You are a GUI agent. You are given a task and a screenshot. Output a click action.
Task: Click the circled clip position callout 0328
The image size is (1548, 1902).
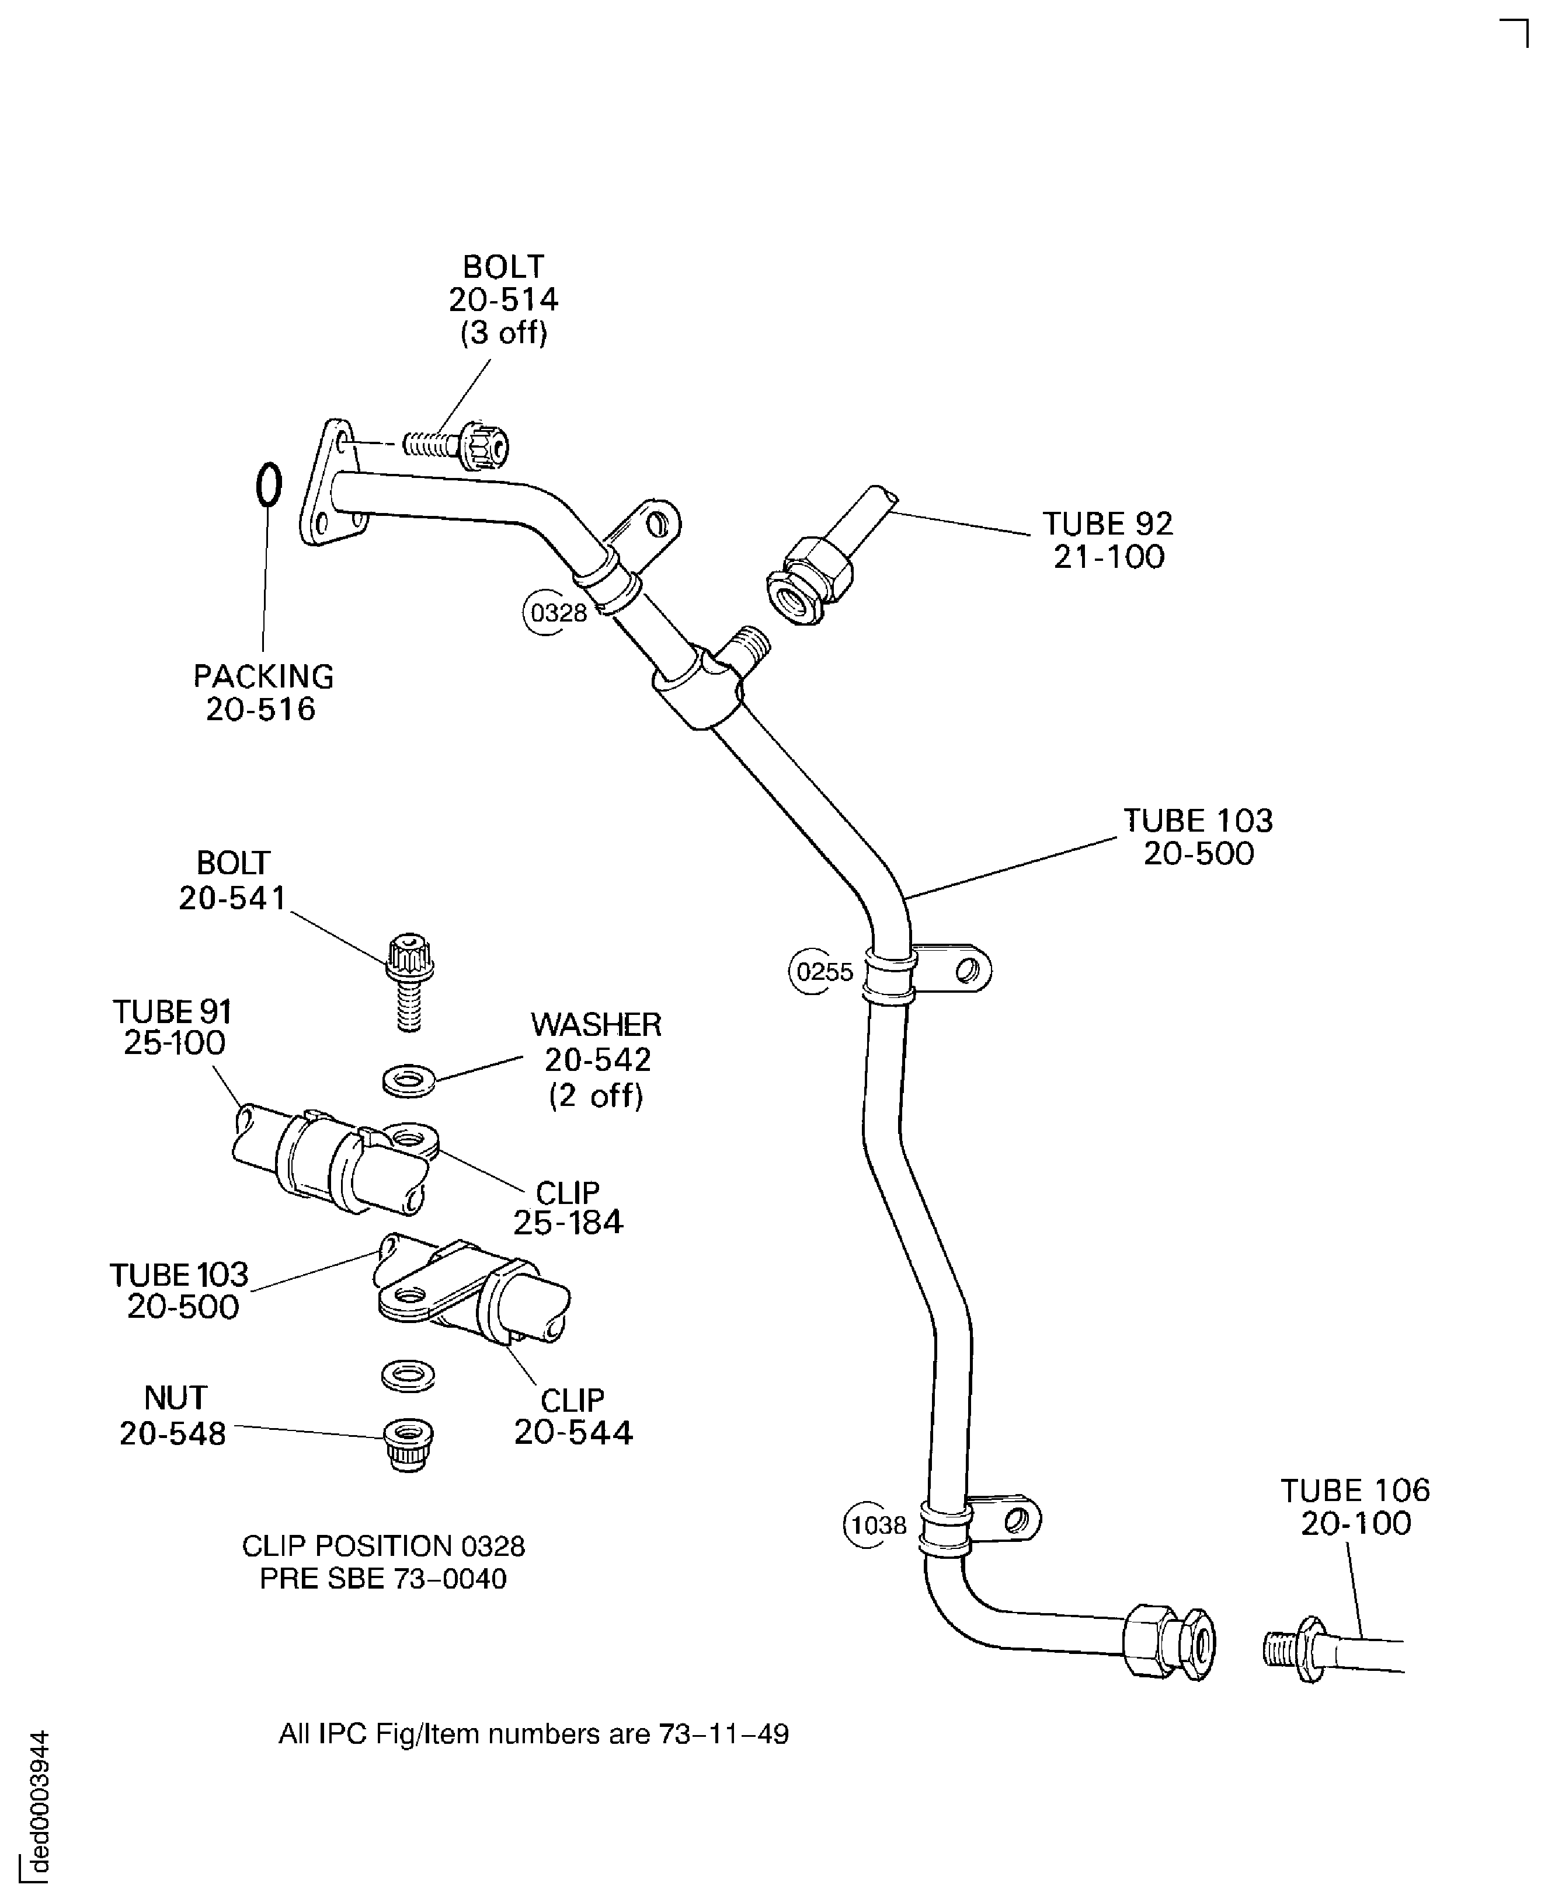[x=556, y=612]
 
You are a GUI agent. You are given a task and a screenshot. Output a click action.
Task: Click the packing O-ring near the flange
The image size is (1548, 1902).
[x=269, y=485]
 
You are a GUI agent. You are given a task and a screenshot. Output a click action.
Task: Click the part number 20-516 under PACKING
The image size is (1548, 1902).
[x=260, y=710]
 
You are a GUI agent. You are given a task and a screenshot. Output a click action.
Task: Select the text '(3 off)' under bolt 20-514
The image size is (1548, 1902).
[x=504, y=333]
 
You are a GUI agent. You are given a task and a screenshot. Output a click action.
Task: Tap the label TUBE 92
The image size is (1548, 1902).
[x=1108, y=523]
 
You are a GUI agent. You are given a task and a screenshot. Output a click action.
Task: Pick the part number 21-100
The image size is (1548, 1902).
[x=1109, y=557]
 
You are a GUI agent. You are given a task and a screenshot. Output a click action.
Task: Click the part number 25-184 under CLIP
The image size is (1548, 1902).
[x=568, y=1222]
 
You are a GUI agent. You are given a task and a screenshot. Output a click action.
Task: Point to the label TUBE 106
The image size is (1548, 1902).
[x=1355, y=1489]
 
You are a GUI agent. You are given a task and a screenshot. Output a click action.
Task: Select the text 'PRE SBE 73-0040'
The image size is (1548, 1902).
[x=384, y=1579]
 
